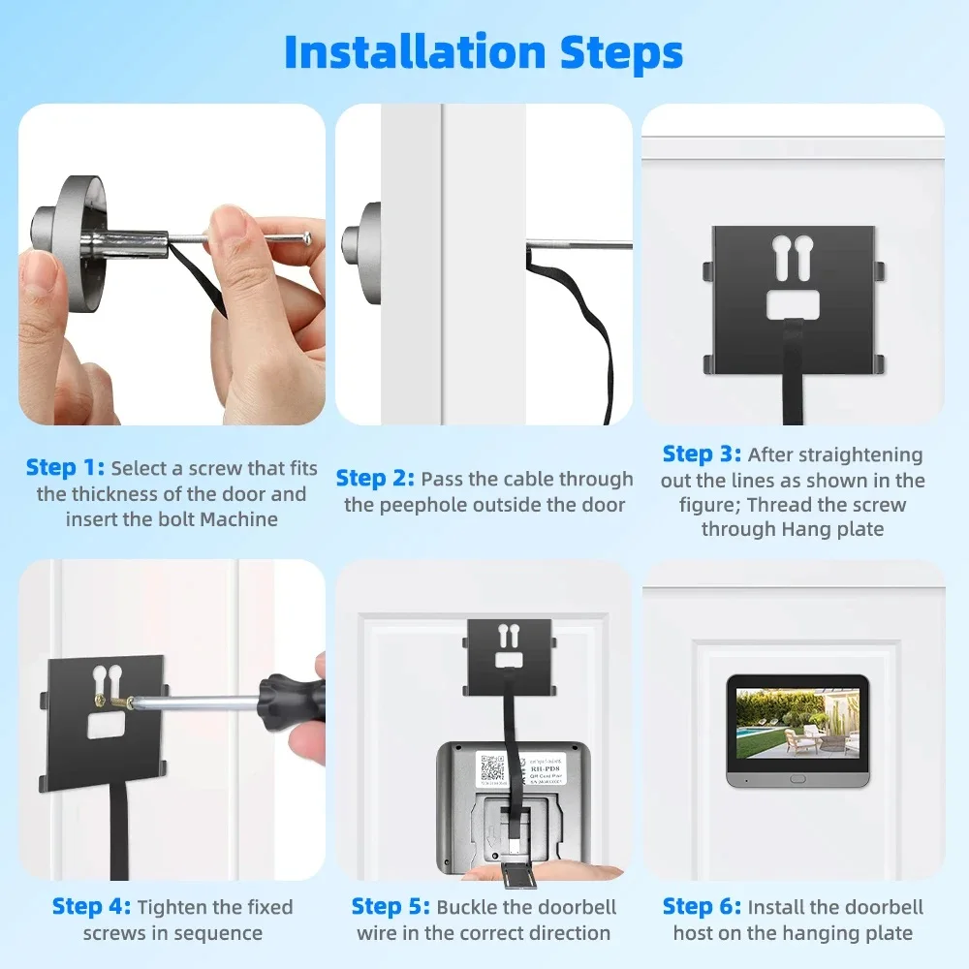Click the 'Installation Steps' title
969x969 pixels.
tap(484, 52)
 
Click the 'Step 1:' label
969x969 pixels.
tap(65, 468)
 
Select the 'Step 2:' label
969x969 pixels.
tap(375, 479)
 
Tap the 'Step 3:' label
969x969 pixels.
tap(702, 454)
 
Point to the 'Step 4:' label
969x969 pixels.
tap(91, 907)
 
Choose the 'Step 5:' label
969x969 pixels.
tap(391, 907)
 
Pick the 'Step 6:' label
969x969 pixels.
tap(702, 907)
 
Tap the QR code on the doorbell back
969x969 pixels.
tap(492, 768)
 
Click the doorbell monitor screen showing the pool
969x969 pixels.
tap(797, 723)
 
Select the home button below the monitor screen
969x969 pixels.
tap(797, 778)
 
